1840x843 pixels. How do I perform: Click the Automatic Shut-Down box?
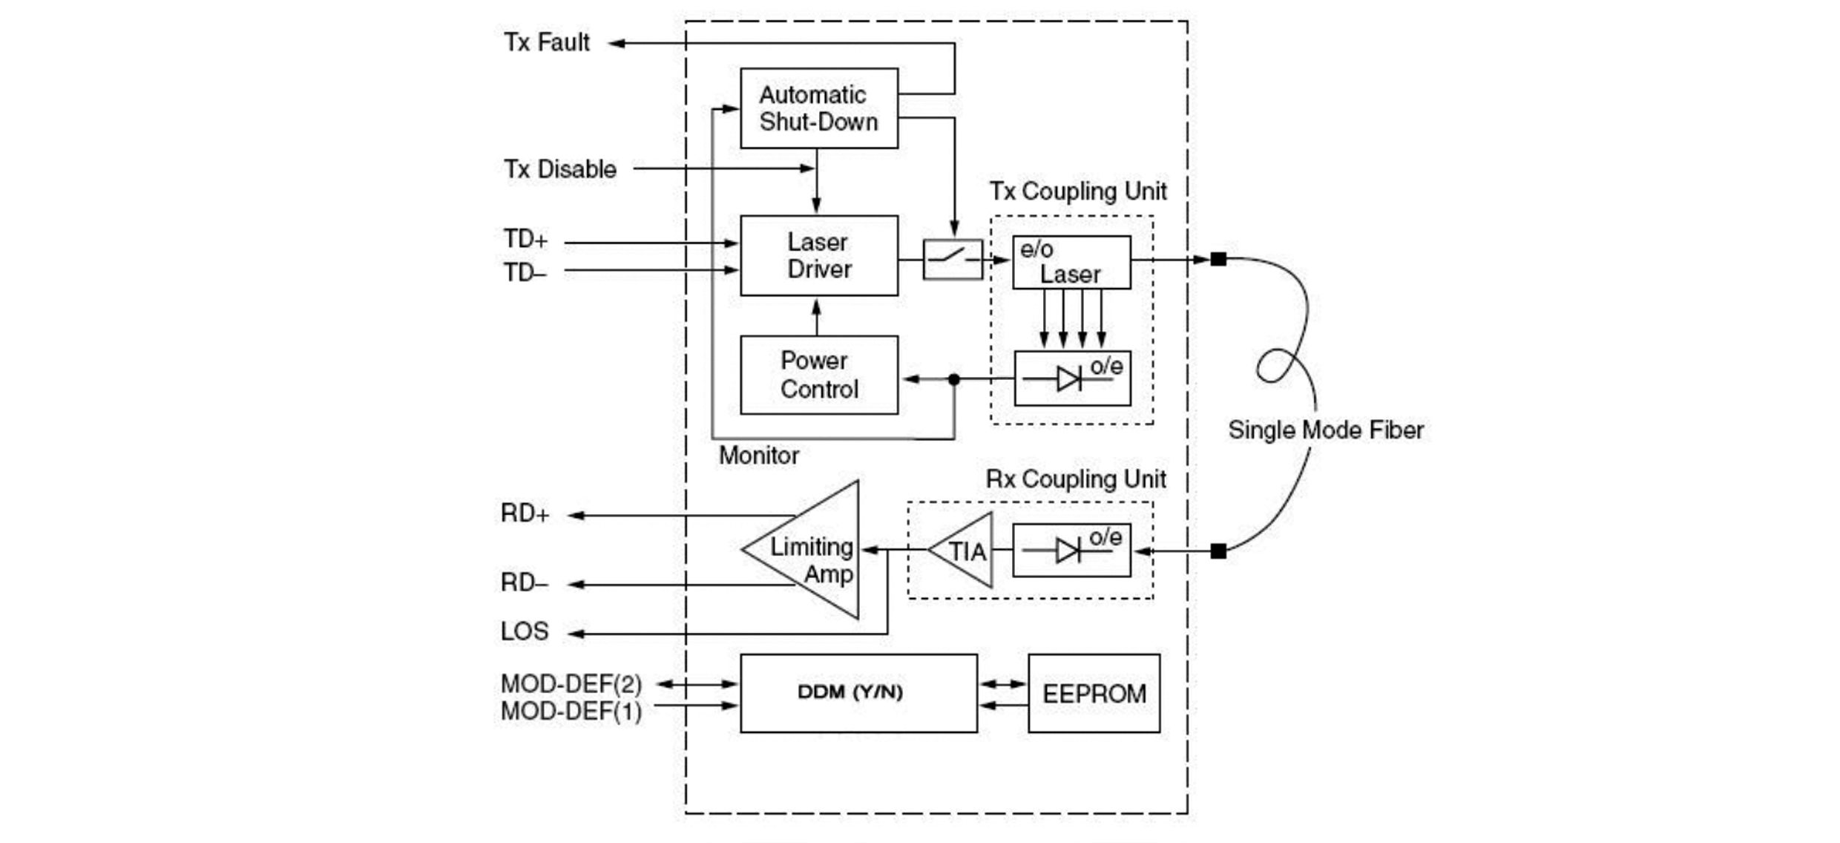tap(818, 108)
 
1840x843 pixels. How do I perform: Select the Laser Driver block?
tap(818, 255)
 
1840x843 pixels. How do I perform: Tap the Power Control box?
tap(818, 375)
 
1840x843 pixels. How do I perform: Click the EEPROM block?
tap(1094, 694)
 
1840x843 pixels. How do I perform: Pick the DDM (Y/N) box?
tap(858, 693)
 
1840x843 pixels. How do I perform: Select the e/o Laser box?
tap(1071, 262)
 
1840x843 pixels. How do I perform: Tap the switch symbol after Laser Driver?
tap(952, 259)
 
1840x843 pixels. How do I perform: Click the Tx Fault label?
tap(547, 42)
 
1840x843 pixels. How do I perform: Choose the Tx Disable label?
tap(560, 169)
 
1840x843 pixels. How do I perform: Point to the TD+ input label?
tap(525, 240)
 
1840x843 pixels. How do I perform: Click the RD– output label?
tap(525, 583)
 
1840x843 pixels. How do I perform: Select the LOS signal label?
tap(525, 632)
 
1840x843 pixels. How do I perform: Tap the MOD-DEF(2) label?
tap(571, 683)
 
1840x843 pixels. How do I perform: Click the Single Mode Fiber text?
tap(1326, 430)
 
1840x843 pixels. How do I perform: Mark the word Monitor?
tap(758, 456)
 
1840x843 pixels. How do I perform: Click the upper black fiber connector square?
tap(1218, 259)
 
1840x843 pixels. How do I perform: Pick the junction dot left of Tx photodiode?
tap(954, 379)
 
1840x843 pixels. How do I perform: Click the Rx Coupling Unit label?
tap(1075, 479)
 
